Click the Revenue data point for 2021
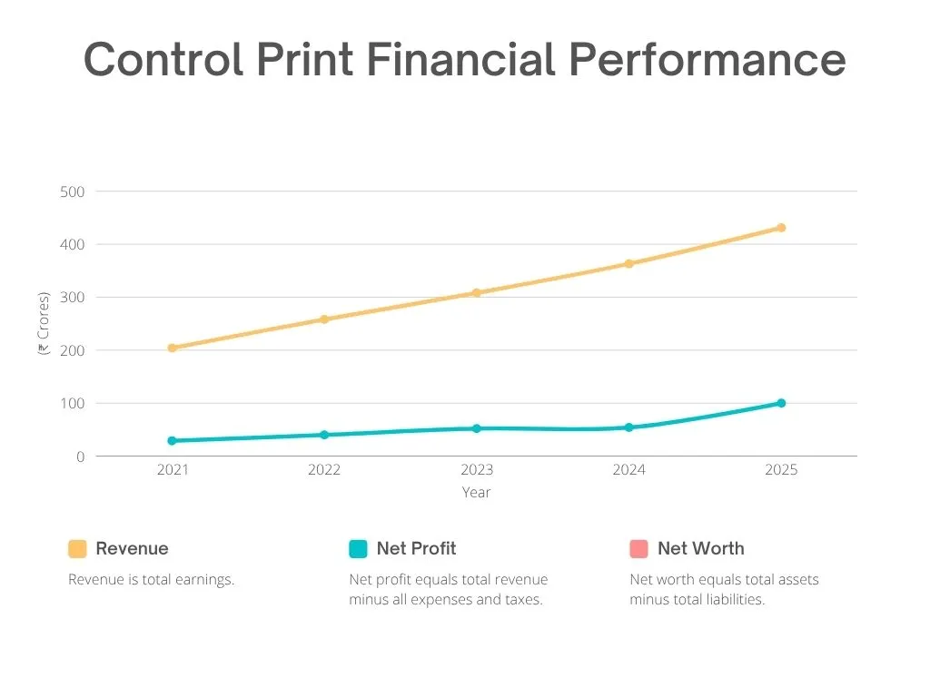pyautogui.click(x=172, y=348)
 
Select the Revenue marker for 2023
pyautogui.click(x=476, y=293)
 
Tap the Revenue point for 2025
pyautogui.click(x=781, y=228)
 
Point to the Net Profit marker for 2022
pyautogui.click(x=324, y=435)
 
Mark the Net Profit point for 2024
pyautogui.click(x=628, y=427)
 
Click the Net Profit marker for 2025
pyautogui.click(x=781, y=403)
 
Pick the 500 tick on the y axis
pyautogui.click(x=73, y=191)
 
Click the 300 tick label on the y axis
pyautogui.click(x=73, y=297)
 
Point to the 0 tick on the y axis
pyautogui.click(x=80, y=456)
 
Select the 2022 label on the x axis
pyautogui.click(x=324, y=470)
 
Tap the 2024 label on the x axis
pyautogui.click(x=628, y=470)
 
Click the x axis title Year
pyautogui.click(x=476, y=493)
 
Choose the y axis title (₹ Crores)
pyautogui.click(x=44, y=323)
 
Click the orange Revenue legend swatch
pyautogui.click(x=77, y=549)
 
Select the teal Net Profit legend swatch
pyautogui.click(x=358, y=549)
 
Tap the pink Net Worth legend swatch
pyautogui.click(x=638, y=549)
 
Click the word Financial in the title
pyautogui.click(x=460, y=61)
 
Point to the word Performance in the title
pyautogui.click(x=707, y=61)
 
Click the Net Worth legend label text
pyautogui.click(x=700, y=549)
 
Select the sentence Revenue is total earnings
pyautogui.click(x=151, y=580)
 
